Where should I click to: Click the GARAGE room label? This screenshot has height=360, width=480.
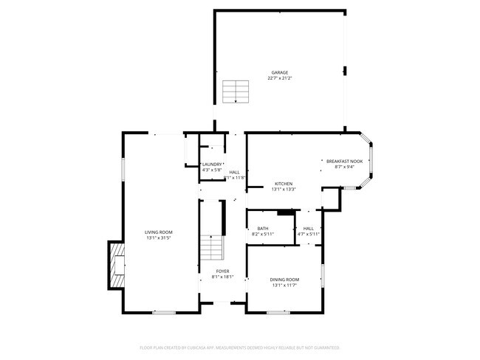(279, 72)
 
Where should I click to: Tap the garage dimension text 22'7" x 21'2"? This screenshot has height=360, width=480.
(279, 77)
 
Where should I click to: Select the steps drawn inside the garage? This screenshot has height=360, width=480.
(236, 91)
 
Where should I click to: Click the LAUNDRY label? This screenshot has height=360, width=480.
(212, 165)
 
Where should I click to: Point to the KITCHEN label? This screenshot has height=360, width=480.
(284, 184)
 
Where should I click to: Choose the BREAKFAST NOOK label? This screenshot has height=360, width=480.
(345, 161)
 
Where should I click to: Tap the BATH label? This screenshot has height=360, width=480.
(263, 229)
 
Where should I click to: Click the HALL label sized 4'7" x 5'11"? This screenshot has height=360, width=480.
(309, 229)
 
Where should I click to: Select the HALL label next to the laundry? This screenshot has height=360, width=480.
(234, 173)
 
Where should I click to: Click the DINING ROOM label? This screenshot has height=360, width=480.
(284, 280)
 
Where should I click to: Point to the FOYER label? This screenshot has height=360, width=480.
(222, 272)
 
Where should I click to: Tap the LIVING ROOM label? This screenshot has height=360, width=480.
(158, 232)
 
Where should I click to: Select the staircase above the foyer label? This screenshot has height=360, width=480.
(213, 247)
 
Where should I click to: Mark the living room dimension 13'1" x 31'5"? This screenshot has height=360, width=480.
(158, 238)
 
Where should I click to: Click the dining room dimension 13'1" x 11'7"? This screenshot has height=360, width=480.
(284, 285)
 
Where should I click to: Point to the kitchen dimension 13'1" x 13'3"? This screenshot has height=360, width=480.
(284, 190)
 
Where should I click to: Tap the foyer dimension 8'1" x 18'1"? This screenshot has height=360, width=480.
(222, 278)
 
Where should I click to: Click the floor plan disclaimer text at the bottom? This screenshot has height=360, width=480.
(240, 347)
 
